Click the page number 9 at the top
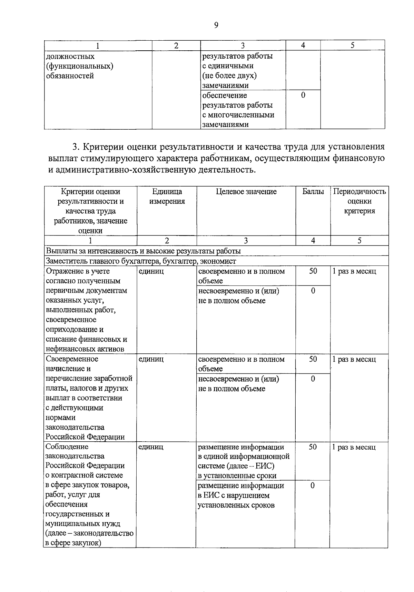pyautogui.click(x=216, y=25)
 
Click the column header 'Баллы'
pyautogui.click(x=313, y=192)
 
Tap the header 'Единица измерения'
pyautogui.click(x=167, y=197)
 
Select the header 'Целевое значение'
pyautogui.click(x=246, y=192)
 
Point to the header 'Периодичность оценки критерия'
pyautogui.click(x=359, y=201)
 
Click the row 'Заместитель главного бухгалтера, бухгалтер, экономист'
pyautogui.click(x=141, y=261)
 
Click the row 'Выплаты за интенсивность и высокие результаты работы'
pyautogui.click(x=143, y=251)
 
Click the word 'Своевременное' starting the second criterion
pyautogui.click(x=72, y=359)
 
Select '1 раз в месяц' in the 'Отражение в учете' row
pyautogui.click(x=354, y=271)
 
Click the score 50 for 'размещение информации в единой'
pyautogui.click(x=313, y=447)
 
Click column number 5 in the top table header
pyautogui.click(x=352, y=46)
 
